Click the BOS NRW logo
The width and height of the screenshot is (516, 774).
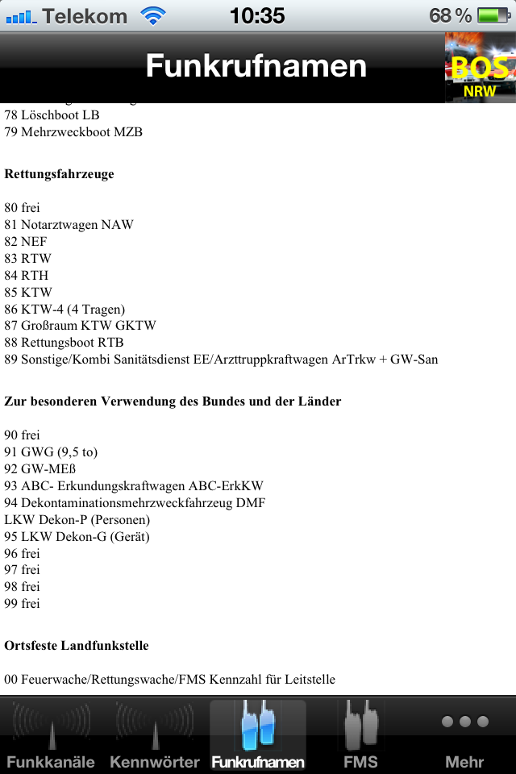coord(480,69)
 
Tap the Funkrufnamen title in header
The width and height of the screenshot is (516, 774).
coord(256,66)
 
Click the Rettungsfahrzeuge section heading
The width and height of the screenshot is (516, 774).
coord(59,174)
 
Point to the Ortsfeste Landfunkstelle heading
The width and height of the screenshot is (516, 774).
coord(77,646)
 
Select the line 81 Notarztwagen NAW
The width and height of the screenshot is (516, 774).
coord(69,225)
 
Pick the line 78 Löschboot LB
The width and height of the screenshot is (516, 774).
coord(52,115)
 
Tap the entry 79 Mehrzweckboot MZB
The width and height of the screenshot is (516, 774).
coord(73,132)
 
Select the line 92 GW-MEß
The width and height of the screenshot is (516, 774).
coord(40,469)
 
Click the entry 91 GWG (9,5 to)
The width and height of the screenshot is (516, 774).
coord(51,452)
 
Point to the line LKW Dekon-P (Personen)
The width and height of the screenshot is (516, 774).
coord(77,520)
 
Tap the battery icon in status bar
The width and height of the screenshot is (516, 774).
coord(491,15)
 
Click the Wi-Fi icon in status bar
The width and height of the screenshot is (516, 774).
coord(152,15)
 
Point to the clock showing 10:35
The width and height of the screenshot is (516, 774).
coord(257,15)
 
